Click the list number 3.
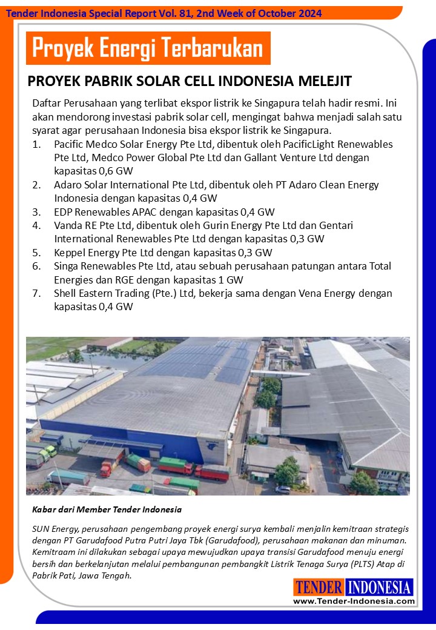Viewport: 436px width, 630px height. (37, 212)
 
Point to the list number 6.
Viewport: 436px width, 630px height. (37, 266)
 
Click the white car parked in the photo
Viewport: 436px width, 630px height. (283, 489)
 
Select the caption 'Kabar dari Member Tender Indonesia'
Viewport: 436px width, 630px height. (107, 509)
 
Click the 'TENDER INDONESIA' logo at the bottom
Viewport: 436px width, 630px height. (354, 588)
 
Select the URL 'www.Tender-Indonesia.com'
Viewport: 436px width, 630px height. (354, 601)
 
